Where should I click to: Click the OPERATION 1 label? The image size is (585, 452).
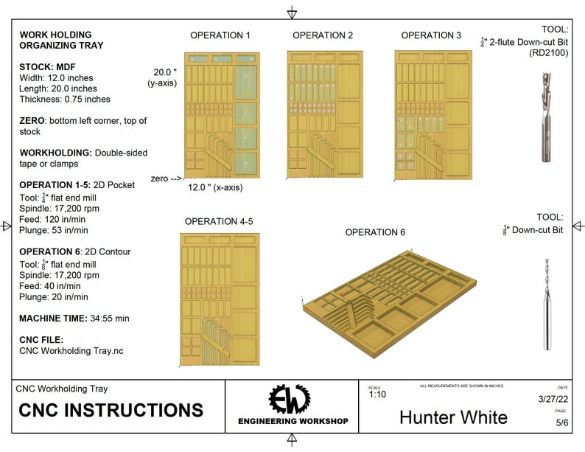pos(220,35)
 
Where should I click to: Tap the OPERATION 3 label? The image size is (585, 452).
pos(431,35)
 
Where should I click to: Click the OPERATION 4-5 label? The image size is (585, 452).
pos(219,221)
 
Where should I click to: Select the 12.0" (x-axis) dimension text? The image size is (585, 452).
pos(215,187)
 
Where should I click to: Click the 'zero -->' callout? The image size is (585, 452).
pos(167,178)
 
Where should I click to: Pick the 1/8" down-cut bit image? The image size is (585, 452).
pos(546,305)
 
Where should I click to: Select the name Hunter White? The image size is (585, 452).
pos(453,417)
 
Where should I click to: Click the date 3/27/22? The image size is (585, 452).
pos(553,399)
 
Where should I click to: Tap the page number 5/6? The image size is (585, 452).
pos(561,422)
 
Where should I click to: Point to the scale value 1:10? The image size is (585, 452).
pos(378,395)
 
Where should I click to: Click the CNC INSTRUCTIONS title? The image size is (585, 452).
pos(111,411)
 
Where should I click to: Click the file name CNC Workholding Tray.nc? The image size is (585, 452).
pos(71,351)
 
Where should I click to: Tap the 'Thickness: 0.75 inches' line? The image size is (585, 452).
pos(65,99)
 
